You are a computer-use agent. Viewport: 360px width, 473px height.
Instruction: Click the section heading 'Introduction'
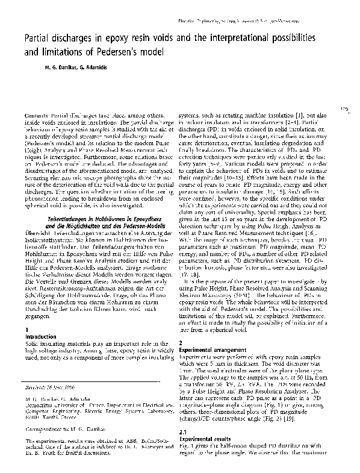pos(41,336)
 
